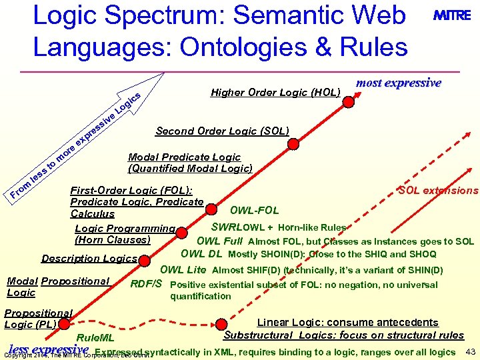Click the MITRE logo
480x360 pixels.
(x=452, y=17)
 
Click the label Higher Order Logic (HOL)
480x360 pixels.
(x=275, y=92)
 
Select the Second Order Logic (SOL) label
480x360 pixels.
(x=222, y=131)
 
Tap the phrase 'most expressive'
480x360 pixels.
(x=399, y=83)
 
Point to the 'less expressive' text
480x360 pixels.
(x=49, y=349)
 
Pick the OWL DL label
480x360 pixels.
(x=201, y=253)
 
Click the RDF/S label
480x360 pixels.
(x=146, y=284)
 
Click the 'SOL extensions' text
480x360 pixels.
(x=438, y=191)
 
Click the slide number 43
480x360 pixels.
(x=471, y=351)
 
